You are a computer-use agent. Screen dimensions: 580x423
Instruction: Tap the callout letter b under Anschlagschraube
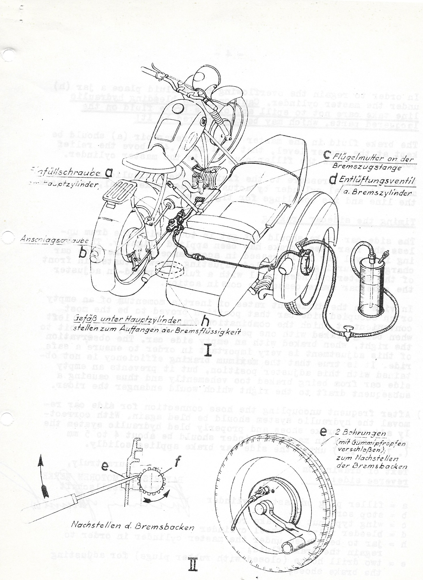tap(83, 253)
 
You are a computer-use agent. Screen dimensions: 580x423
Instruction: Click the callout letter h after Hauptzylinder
tap(206, 320)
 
